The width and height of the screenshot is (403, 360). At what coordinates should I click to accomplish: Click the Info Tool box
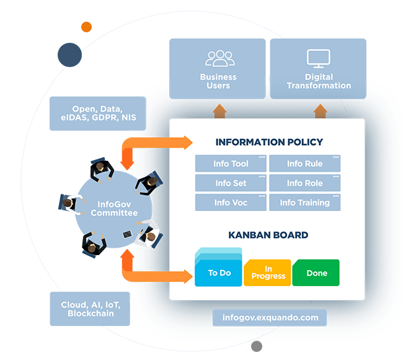pos(231,164)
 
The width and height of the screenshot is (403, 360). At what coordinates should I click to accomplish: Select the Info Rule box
pos(304,164)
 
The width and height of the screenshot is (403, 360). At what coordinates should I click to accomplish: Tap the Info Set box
pos(231,183)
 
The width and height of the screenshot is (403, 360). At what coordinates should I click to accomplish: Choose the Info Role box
pos(304,183)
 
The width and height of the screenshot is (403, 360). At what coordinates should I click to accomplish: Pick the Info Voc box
pos(231,202)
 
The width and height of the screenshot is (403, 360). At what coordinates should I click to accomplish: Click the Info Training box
pos(304,202)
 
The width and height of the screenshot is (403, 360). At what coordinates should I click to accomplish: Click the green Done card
pos(316,273)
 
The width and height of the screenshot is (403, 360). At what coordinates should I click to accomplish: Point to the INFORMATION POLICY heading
pos(269,142)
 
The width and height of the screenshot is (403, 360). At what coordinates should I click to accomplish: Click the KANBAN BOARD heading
pos(268,235)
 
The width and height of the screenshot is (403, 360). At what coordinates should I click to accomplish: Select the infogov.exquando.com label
pos(270,318)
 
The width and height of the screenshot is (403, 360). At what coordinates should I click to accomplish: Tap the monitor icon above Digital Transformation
pos(319,58)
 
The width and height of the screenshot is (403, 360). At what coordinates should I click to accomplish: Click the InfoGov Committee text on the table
pos(113,209)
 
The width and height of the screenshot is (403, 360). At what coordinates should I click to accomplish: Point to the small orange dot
pos(86,27)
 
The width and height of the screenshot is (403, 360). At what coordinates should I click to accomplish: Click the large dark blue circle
pos(70,55)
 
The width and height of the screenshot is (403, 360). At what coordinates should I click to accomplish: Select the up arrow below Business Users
pos(219,111)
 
